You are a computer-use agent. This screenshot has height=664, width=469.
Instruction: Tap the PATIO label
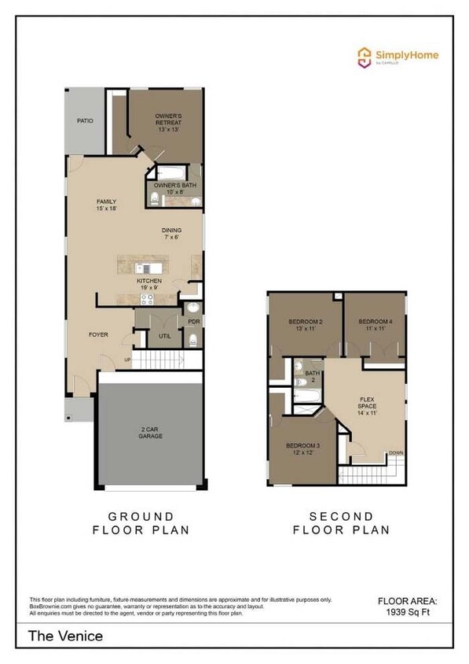tap(85, 122)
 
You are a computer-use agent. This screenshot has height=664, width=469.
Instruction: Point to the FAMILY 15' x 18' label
tap(106, 205)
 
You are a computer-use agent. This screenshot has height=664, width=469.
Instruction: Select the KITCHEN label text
tap(149, 281)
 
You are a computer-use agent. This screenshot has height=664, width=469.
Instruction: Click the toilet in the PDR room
tap(192, 340)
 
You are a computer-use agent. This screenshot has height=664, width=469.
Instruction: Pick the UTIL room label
tap(164, 336)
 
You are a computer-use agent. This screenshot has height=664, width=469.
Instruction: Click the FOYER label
tap(97, 335)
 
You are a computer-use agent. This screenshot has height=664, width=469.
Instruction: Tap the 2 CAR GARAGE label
tap(151, 432)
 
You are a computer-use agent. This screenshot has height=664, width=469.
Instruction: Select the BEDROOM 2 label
tap(306, 325)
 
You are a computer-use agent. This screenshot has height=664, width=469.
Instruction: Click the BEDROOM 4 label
tap(375, 325)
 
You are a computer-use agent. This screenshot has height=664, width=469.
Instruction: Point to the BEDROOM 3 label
tap(302, 449)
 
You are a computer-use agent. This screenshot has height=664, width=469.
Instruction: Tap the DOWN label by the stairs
tap(396, 453)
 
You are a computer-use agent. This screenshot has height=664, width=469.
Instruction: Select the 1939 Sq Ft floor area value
tap(408, 611)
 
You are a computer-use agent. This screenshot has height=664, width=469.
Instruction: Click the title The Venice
tap(66, 636)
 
